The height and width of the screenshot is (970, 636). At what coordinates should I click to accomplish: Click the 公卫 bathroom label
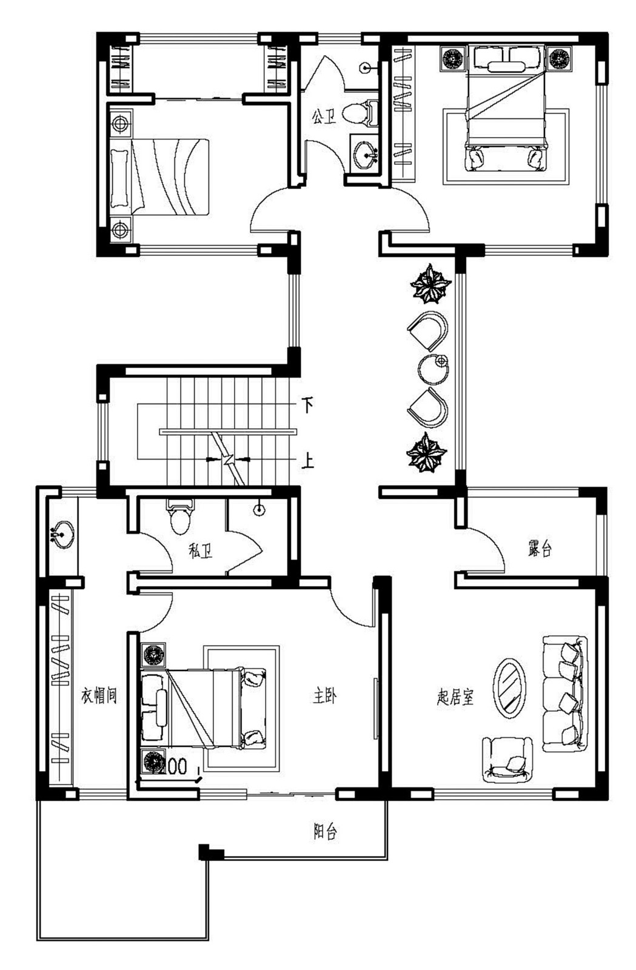pyautogui.click(x=324, y=116)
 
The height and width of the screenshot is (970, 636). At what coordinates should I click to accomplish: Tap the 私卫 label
pyautogui.click(x=201, y=551)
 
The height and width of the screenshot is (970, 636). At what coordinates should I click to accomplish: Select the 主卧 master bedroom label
pyautogui.click(x=324, y=696)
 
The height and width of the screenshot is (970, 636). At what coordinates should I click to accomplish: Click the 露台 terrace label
pyautogui.click(x=539, y=549)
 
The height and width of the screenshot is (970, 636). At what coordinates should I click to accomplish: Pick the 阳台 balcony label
pyautogui.click(x=325, y=832)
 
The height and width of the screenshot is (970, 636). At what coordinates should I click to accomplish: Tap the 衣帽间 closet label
pyautogui.click(x=99, y=696)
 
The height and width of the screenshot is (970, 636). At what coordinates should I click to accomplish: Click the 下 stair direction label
pyautogui.click(x=308, y=404)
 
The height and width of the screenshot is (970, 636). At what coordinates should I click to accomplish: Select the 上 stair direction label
pyautogui.click(x=308, y=462)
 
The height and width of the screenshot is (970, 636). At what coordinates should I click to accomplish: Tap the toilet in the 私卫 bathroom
pyautogui.click(x=179, y=517)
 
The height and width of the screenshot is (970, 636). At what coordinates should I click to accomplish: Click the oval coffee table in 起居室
pyautogui.click(x=509, y=687)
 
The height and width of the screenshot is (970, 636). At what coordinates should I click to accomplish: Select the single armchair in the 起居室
pyautogui.click(x=507, y=758)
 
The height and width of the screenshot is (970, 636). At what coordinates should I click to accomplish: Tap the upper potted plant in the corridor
pyautogui.click(x=430, y=284)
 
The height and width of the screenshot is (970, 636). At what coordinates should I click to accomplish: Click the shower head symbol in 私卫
pyautogui.click(x=259, y=510)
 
